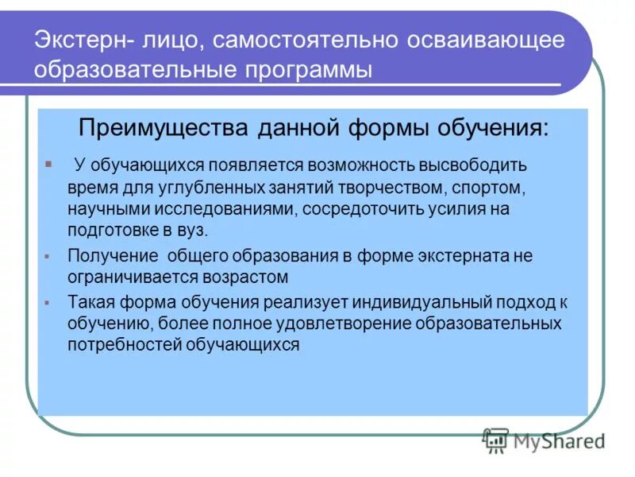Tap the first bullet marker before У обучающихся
coord(48,164)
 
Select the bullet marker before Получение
coord(48,257)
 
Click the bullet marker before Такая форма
coord(48,304)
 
